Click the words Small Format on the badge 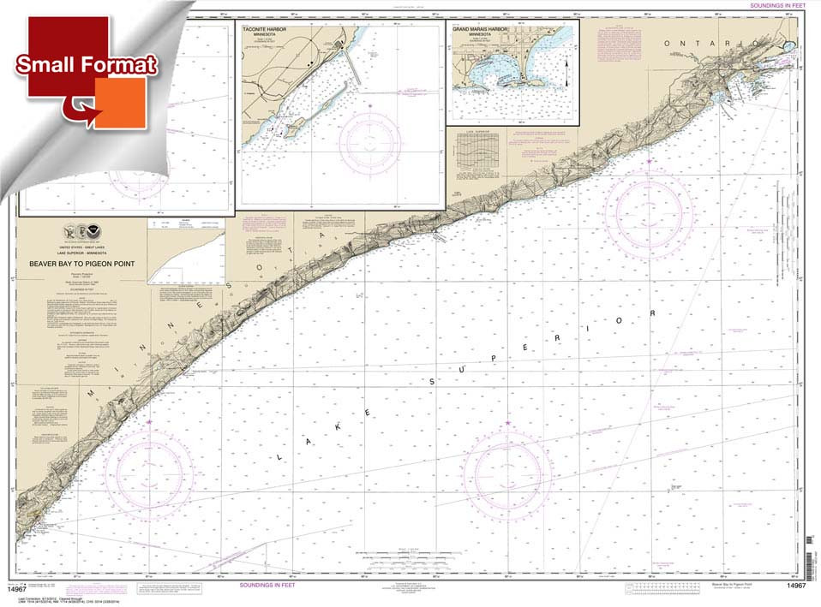tap(86, 65)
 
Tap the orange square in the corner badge tap(119, 102)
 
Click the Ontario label tap(699, 43)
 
